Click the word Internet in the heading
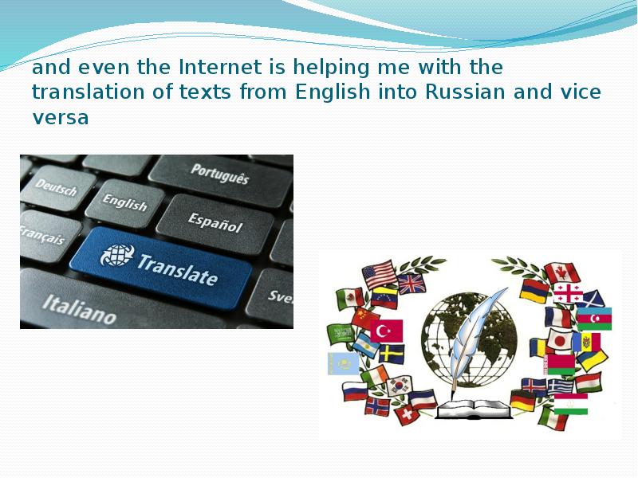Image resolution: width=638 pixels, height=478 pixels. tap(220, 67)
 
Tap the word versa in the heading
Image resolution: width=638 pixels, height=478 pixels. tap(61, 117)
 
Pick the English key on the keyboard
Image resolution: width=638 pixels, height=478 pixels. tap(125, 203)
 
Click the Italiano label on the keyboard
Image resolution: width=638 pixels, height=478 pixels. tap(79, 309)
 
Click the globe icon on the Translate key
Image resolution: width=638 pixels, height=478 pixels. tap(117, 255)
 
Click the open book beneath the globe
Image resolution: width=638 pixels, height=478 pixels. tap(474, 409)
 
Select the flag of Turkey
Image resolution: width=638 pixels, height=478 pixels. tap(387, 331)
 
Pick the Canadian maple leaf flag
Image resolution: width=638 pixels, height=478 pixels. tap(562, 272)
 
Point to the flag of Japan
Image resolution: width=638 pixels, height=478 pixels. tap(560, 340)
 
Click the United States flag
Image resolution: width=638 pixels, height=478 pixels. tap(379, 274)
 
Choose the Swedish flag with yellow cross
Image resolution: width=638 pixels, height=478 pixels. tap(392, 354)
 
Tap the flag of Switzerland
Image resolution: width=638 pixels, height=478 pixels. tap(407, 414)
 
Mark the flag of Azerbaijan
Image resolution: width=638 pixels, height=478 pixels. tap(594, 319)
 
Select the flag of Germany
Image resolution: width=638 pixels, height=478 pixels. tap(522, 400)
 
